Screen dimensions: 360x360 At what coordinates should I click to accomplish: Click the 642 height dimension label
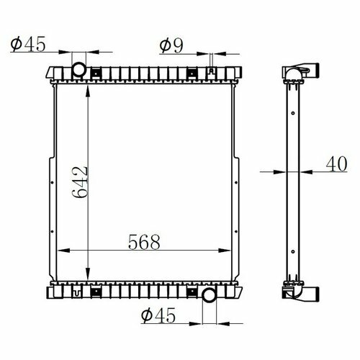(80, 182)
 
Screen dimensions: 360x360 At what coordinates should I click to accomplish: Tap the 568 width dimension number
(144, 242)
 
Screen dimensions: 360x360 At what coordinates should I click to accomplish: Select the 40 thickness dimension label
(336, 164)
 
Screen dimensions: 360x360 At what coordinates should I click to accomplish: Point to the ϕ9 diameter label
(171, 45)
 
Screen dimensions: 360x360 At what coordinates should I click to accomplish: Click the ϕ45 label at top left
(28, 44)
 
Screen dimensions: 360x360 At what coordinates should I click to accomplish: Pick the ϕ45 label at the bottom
(158, 315)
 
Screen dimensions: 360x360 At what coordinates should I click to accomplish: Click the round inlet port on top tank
(78, 69)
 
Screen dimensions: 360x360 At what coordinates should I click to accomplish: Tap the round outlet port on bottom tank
(210, 295)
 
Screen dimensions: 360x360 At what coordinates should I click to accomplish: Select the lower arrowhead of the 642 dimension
(88, 274)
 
